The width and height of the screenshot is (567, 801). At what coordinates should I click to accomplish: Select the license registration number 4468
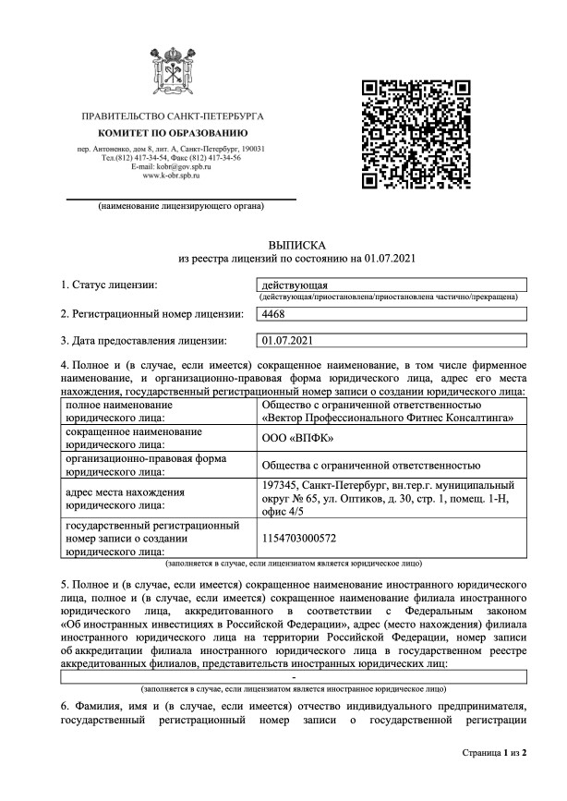[274, 315]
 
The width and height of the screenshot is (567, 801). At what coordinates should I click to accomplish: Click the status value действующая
[289, 285]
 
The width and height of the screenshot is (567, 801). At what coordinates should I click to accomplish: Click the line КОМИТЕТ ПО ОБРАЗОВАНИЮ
[173, 135]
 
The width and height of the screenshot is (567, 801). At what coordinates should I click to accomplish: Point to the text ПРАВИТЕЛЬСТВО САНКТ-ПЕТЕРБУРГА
[173, 119]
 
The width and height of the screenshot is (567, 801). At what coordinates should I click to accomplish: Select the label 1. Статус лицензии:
[109, 284]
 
